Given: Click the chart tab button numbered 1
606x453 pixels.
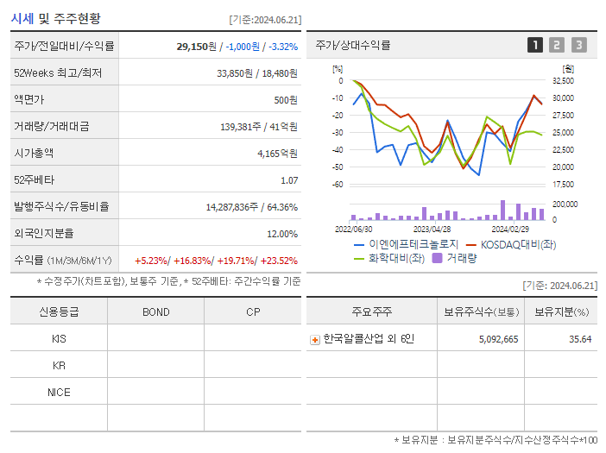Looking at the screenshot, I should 535,45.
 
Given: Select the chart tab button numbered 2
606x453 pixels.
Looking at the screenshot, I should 557,45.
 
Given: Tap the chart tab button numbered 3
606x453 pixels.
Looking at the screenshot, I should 578,45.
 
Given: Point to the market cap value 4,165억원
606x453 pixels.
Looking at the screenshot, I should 277,154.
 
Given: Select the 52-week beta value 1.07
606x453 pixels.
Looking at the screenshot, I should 289,180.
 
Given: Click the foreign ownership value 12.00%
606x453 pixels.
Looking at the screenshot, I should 282,234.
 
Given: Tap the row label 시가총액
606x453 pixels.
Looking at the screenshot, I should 34,154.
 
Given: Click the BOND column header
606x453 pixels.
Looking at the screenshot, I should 155,311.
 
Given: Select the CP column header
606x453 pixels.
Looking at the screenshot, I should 252,311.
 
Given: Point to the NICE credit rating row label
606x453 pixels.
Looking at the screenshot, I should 59,392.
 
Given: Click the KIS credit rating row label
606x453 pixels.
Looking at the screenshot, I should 59,338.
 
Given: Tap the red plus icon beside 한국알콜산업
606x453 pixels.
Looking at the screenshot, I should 315,339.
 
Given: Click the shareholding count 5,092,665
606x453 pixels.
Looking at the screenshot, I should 498,339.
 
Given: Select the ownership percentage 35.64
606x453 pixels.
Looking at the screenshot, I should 580,339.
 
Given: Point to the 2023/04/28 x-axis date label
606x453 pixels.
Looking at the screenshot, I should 432,230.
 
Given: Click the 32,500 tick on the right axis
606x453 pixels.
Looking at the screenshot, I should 562,80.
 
